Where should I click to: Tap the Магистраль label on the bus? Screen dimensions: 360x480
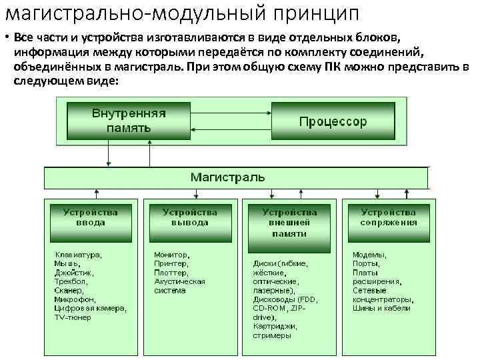click(227, 177)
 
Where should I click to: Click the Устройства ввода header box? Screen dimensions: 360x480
click(91, 217)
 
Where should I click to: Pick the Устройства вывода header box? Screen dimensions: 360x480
click(190, 217)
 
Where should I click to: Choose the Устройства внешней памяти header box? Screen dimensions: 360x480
click(289, 223)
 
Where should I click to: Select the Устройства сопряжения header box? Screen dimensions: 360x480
click(389, 217)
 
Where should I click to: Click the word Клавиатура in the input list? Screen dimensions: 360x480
click(77, 254)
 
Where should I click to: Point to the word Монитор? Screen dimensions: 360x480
click(171, 254)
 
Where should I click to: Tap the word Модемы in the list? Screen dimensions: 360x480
click(369, 254)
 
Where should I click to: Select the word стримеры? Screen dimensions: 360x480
click(272, 335)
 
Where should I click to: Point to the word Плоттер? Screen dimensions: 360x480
click(171, 272)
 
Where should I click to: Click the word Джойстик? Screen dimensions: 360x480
click(74, 272)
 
